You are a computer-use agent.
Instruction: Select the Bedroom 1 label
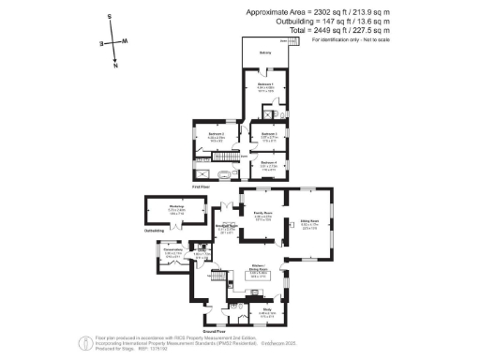tap(265, 84)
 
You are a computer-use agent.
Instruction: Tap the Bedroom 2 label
tap(214, 134)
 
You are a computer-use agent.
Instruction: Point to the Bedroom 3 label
tap(269, 134)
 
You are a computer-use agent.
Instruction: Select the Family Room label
tap(262, 213)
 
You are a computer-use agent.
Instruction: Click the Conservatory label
tap(172, 249)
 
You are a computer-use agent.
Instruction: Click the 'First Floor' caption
tap(201, 187)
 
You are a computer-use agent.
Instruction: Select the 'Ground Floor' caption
tap(217, 331)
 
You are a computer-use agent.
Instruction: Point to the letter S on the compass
tap(109, 17)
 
